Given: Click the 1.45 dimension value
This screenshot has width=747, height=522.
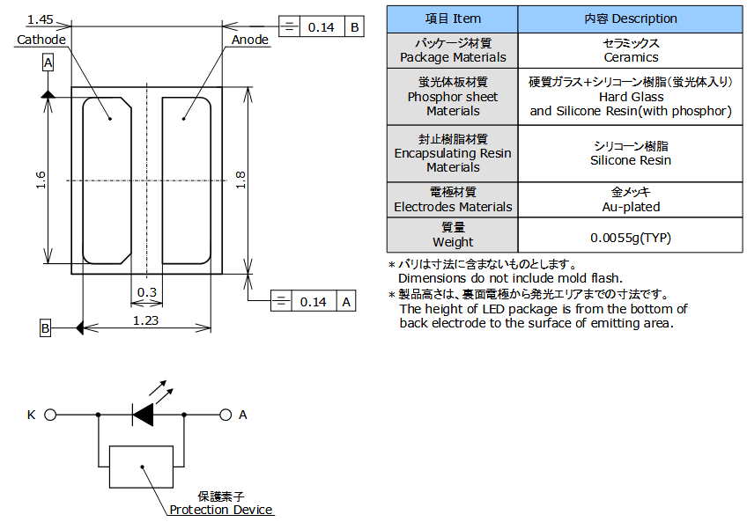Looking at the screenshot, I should click(x=41, y=18).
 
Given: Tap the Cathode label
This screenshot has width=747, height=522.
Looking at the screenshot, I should click(x=41, y=40).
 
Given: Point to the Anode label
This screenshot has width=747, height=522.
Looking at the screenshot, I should click(x=250, y=40).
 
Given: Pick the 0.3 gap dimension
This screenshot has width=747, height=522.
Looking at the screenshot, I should click(x=146, y=292).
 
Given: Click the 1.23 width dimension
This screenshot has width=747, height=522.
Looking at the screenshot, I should click(x=145, y=320).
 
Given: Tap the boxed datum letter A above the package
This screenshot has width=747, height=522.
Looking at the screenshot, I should click(x=48, y=62).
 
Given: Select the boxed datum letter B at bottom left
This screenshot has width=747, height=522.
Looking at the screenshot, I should click(x=46, y=328).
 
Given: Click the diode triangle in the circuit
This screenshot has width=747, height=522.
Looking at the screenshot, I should click(x=143, y=414).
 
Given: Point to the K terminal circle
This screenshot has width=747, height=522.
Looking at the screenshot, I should click(x=50, y=414).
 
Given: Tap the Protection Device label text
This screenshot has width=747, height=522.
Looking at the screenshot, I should click(x=221, y=510).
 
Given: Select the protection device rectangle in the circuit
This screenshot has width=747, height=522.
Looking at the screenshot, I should click(x=141, y=467).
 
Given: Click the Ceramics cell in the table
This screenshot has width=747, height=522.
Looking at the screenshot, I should click(x=630, y=50).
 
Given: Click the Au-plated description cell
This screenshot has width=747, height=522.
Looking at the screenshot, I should click(x=630, y=200).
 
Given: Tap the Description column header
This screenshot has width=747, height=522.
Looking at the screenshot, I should click(x=630, y=18).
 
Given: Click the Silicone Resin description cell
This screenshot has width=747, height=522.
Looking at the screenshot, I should click(x=630, y=154).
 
